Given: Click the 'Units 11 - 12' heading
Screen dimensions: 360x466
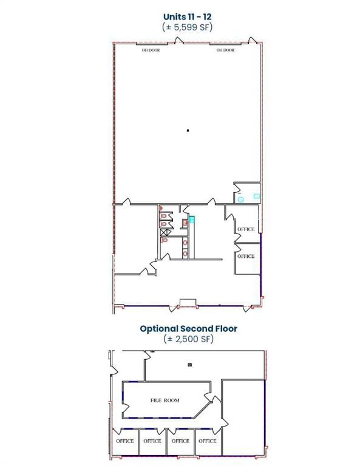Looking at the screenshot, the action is click(187, 16).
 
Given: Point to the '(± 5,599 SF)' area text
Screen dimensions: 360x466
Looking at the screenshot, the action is click(187, 27).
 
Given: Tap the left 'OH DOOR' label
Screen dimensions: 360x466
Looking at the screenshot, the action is click(151, 50).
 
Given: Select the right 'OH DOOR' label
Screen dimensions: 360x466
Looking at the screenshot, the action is click(225, 50).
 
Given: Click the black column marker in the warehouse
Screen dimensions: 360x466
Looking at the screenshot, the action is click(188, 130).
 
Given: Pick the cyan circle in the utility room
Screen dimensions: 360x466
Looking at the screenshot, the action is click(240, 200).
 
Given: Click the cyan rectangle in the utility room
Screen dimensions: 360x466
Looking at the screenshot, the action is click(257, 196).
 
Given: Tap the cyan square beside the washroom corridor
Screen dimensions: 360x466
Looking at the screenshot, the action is click(192, 220).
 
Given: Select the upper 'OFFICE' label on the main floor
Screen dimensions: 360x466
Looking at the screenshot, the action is click(246, 229).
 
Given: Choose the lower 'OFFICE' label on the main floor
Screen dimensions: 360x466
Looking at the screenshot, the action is click(246, 256).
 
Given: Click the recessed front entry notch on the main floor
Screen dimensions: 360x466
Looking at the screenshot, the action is click(188, 302).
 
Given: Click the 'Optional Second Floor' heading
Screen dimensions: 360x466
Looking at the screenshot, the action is click(188, 329).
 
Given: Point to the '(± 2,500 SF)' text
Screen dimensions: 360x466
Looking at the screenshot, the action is click(188, 339).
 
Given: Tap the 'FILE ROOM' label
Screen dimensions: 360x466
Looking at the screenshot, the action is click(165, 400).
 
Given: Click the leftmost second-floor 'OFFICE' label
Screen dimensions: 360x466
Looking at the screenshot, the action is click(125, 441).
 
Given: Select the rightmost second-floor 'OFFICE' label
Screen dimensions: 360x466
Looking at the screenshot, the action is click(208, 441).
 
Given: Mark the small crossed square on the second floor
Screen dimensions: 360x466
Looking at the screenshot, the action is click(190, 365).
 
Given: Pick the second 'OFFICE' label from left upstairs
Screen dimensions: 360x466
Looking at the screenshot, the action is click(152, 441).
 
